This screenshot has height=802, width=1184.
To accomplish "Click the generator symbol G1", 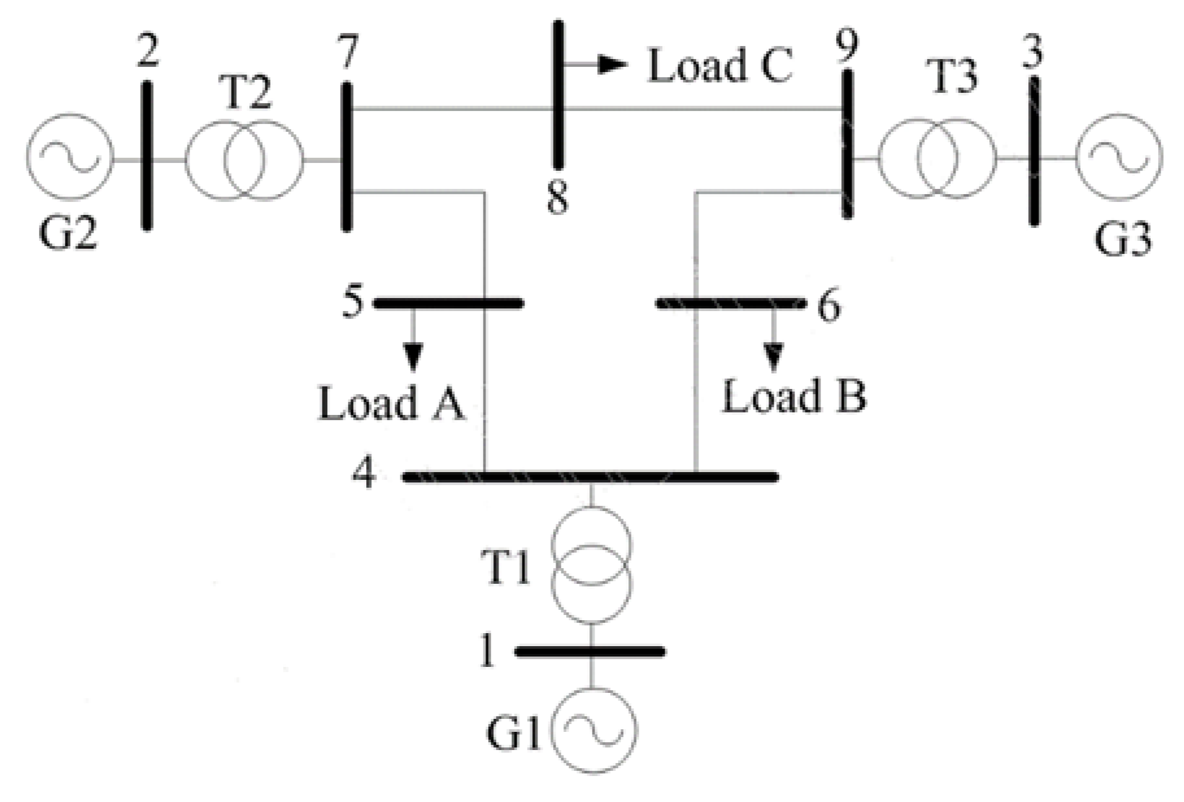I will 594,730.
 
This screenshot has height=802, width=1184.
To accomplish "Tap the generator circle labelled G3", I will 1118,158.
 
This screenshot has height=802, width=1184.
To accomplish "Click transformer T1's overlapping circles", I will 591,564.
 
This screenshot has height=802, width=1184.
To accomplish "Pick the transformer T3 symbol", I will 937,158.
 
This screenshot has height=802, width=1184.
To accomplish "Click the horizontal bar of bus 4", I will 591,477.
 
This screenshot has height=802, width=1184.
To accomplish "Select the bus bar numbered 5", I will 449,303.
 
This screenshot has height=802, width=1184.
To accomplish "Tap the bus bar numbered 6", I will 730,303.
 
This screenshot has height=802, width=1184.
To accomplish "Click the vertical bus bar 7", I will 347,156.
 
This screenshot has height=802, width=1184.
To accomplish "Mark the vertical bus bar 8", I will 558,94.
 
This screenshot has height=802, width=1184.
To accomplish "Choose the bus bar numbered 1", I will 590,651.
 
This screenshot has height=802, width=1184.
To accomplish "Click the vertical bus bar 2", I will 148,155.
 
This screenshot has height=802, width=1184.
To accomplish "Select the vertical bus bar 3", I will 1034,151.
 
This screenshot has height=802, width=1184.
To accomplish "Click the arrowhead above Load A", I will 413,357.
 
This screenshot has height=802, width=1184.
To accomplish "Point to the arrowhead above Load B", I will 772,356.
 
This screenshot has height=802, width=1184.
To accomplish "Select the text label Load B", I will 794,396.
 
